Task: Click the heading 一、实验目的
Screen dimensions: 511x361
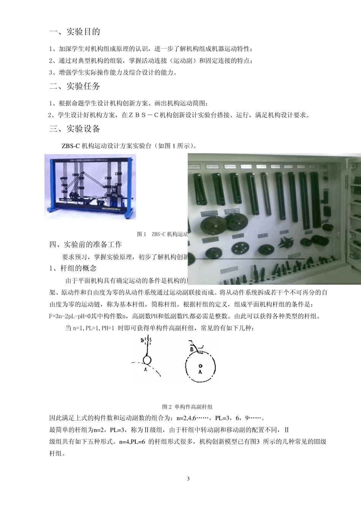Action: coord(75,32)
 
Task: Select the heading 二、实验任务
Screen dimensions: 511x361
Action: coord(75,86)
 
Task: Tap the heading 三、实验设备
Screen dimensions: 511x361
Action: coord(75,129)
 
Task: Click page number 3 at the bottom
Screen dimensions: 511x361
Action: coord(188,479)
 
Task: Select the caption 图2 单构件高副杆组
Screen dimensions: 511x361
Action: coord(187,406)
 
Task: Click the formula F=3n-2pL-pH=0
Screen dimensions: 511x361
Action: coord(69,316)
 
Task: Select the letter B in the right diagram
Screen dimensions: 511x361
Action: coord(192,349)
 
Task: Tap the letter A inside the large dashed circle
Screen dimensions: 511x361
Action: coord(200,372)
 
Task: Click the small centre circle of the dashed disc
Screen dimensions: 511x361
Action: coord(200,365)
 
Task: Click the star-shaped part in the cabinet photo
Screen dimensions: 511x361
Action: coord(286,242)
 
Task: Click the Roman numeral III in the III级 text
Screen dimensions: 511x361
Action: coord(316,442)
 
